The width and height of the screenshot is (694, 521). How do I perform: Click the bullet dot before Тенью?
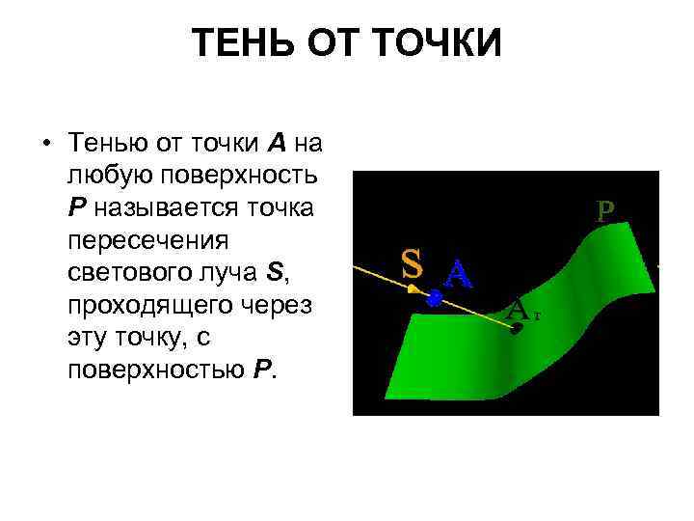[x=45, y=145]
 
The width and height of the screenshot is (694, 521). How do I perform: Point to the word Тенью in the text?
[x=103, y=145]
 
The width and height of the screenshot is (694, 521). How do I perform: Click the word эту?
[x=87, y=339]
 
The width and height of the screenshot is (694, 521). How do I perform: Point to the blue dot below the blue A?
[x=434, y=300]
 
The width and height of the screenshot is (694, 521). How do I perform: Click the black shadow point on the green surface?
[x=517, y=328]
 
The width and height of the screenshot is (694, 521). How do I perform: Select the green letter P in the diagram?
[x=605, y=211]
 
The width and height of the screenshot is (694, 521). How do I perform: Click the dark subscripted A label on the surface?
[x=519, y=310]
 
